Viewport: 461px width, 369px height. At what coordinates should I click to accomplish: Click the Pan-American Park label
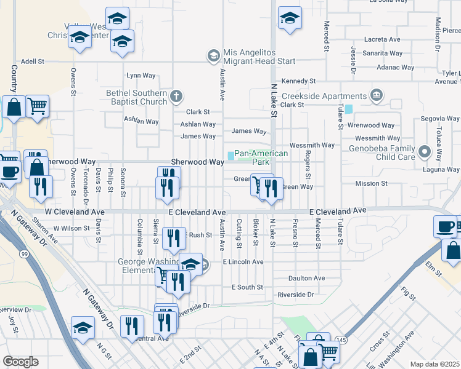261,157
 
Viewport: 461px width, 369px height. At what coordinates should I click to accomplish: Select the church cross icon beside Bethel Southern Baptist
176,95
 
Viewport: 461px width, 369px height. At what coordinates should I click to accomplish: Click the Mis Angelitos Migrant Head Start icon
213,56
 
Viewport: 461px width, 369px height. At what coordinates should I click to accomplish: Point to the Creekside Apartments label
324,96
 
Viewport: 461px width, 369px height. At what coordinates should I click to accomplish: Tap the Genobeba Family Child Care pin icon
424,151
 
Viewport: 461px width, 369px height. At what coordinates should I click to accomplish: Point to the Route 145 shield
340,339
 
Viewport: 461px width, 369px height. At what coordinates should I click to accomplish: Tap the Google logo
20,362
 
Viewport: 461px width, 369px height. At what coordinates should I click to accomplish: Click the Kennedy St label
298,81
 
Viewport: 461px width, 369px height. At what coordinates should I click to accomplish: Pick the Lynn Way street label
141,76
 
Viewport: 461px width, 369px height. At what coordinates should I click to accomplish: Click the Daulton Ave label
310,278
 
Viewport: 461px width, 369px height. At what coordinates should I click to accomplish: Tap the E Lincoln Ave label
243,261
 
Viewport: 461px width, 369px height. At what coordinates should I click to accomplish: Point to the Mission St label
371,183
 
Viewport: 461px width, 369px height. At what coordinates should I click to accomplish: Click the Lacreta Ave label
382,38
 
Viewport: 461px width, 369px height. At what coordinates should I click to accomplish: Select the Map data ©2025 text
435,364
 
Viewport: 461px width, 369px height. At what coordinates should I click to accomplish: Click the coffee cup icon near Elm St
445,226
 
